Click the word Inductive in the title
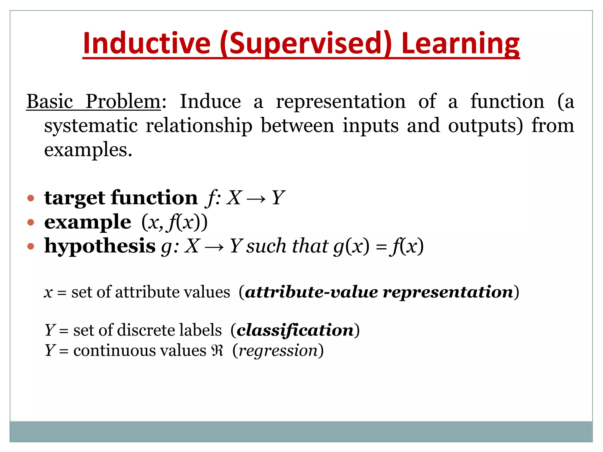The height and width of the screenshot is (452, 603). coord(146,43)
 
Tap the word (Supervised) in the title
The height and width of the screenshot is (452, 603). coord(306,43)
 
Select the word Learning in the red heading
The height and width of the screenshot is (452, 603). coord(460,43)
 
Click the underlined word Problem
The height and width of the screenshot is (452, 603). coord(123,102)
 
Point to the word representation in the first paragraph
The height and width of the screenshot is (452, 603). coord(341,102)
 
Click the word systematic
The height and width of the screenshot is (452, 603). coord(91,126)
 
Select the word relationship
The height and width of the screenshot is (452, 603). coord(199,126)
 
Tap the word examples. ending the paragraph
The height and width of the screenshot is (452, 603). coord(88,150)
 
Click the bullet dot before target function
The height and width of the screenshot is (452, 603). coord(31,198)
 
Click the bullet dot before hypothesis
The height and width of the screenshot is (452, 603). coord(31,246)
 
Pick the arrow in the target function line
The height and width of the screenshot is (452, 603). coord(256,198)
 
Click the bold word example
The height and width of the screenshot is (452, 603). coord(87,222)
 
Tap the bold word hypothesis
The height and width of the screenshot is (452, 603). coord(100,246)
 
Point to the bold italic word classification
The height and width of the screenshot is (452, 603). coord(295,330)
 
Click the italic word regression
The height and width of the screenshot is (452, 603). coord(278,351)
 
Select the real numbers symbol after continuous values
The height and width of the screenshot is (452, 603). coord(217,350)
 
